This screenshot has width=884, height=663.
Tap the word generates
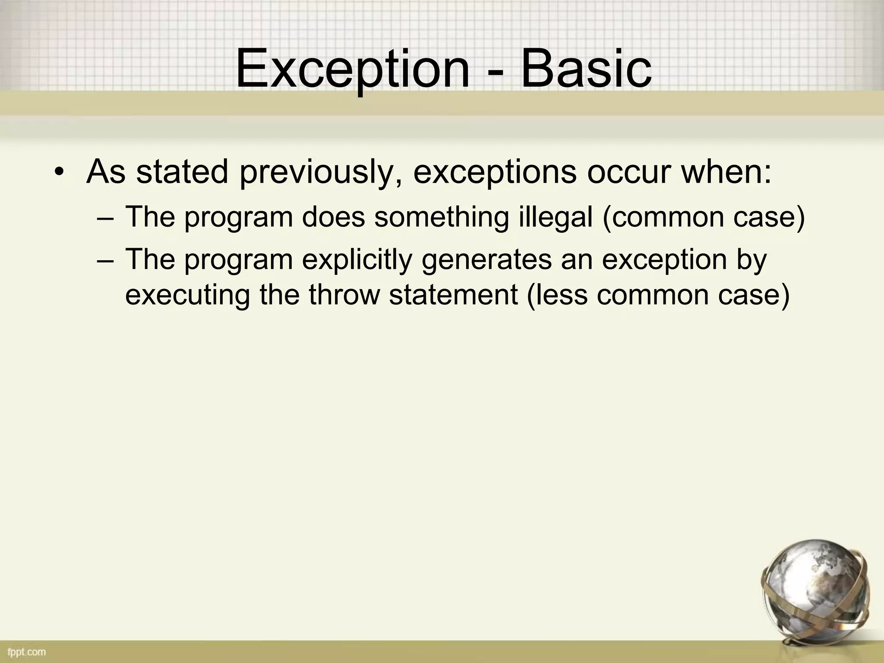pyautogui.click(x=486, y=261)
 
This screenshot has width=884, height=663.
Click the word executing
pyautogui.click(x=187, y=296)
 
